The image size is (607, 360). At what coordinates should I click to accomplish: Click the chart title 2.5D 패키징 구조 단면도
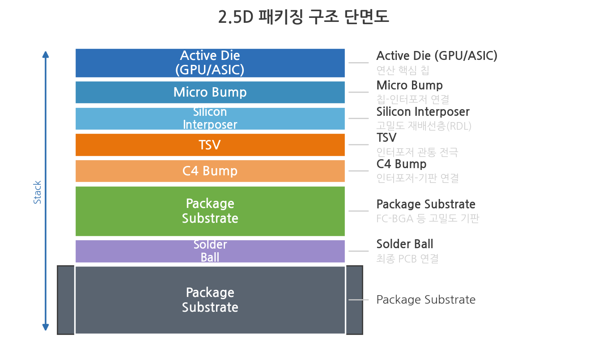[303, 17]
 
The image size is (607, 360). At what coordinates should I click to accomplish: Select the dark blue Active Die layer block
[210, 63]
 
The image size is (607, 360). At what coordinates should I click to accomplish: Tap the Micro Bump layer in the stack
[210, 92]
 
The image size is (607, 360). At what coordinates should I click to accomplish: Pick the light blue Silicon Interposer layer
[210, 119]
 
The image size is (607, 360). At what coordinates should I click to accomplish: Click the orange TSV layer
[210, 144]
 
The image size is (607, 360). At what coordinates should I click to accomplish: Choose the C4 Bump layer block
[210, 171]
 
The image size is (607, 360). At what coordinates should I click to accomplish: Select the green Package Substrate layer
[210, 211]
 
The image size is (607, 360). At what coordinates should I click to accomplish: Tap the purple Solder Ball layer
[210, 251]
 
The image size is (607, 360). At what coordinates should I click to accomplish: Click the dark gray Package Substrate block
[210, 300]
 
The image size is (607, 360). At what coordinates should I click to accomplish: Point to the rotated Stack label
[37, 192]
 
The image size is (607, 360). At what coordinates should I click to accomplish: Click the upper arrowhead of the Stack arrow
[46, 54]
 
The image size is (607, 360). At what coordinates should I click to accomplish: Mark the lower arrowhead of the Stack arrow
[46, 327]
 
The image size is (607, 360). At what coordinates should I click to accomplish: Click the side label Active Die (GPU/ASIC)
[437, 56]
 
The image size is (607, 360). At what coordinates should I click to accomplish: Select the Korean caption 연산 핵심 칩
[403, 70]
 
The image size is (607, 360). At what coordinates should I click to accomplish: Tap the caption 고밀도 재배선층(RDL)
[424, 126]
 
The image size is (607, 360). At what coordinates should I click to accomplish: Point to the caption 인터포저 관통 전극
[417, 152]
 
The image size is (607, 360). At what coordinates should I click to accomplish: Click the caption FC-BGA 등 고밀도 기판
[428, 218]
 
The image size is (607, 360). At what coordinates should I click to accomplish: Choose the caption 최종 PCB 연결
[407, 258]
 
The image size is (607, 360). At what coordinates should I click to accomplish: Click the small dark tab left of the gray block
[66, 300]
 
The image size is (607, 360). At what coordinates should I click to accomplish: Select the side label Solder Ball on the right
[405, 244]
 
